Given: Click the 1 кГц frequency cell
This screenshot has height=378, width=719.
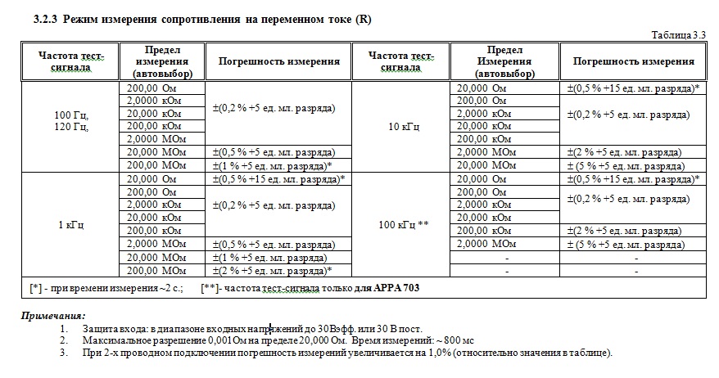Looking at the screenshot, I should (71, 223).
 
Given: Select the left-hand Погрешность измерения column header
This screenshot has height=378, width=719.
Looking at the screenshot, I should (278, 61).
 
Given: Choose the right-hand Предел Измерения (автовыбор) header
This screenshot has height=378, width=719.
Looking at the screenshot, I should (505, 61).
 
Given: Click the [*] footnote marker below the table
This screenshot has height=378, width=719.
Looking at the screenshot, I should (35, 288).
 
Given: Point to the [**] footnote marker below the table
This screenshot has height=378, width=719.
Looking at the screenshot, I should (210, 288).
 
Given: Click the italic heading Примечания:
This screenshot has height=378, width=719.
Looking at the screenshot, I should (53, 316).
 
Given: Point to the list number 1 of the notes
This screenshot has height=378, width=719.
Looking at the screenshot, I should (63, 327).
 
